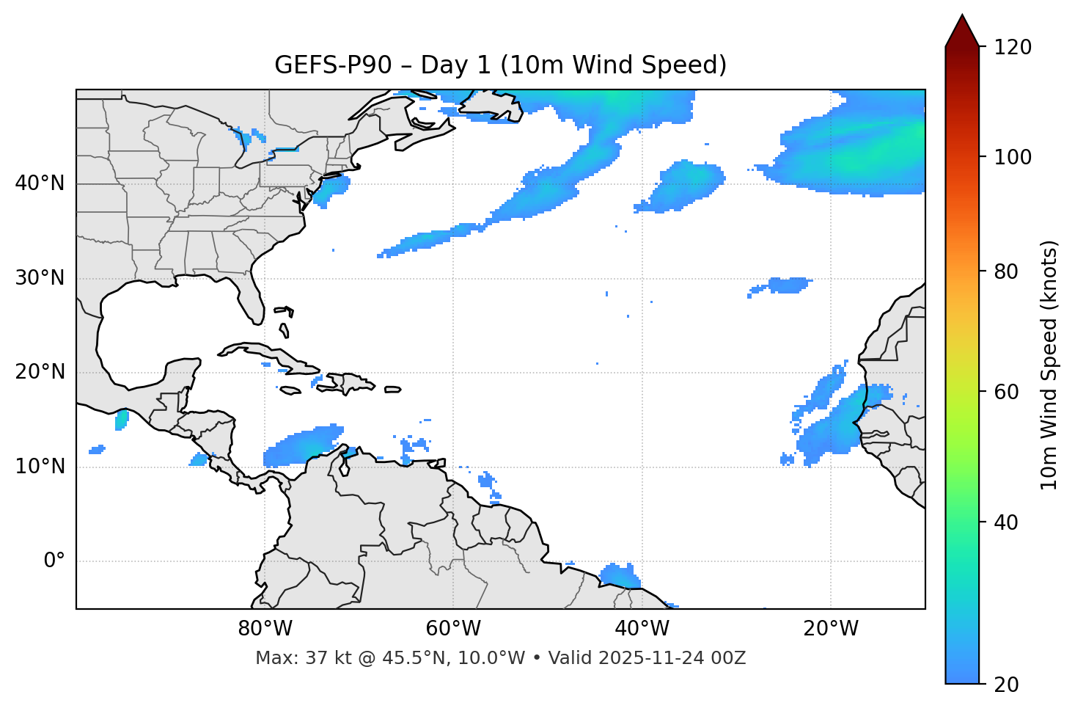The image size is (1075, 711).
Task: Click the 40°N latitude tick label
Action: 40,183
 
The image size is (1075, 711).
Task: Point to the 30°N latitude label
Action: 40,278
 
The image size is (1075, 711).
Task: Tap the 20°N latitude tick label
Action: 40,372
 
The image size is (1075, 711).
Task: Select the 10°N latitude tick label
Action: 40,467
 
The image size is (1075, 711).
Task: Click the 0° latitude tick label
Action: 54,561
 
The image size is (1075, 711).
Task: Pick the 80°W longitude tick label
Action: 265,629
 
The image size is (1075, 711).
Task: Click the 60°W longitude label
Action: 453,629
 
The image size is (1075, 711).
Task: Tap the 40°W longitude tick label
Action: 642,629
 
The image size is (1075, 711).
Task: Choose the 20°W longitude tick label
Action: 830,629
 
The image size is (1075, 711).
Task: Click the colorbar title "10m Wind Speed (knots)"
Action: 1049,365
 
